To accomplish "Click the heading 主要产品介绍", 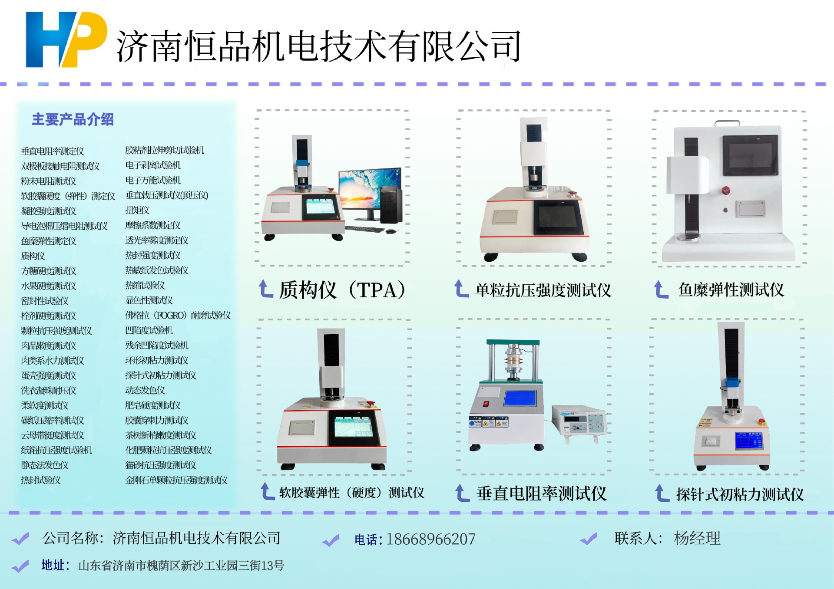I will tap(73, 119).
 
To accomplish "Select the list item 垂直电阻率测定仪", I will tap(53, 151).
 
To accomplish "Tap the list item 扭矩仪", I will tap(137, 210).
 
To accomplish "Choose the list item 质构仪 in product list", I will tap(33, 256).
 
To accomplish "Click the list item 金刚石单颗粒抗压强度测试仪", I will tap(176, 480).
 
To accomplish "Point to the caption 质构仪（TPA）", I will tap(342, 290).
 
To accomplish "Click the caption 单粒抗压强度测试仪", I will tap(543, 290).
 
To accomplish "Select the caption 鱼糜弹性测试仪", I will tap(731, 290).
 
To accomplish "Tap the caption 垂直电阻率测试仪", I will tap(541, 494).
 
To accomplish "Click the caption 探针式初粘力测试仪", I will tap(740, 494).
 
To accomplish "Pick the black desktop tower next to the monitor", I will tap(391, 205).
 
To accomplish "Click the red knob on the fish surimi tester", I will tap(725, 190).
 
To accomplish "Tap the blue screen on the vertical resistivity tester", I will tap(520, 398).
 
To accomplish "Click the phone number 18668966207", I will tap(430, 539).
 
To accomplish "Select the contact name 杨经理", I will tap(697, 538).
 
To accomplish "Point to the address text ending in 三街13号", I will tap(181, 566).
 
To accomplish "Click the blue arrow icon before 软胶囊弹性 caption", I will tap(267, 492).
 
